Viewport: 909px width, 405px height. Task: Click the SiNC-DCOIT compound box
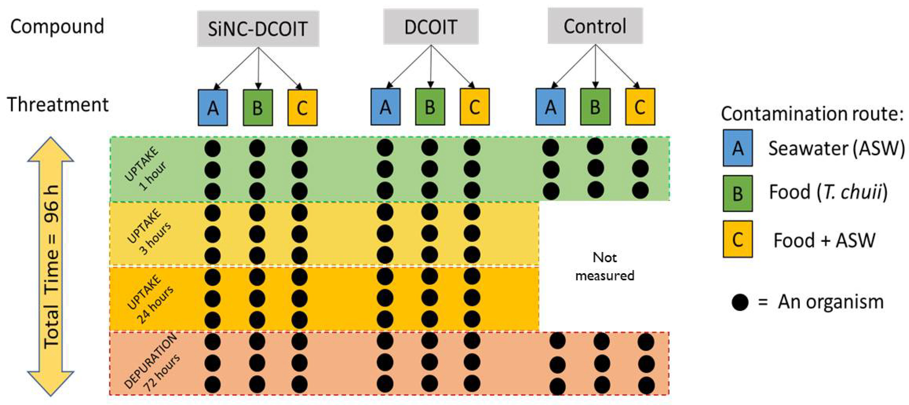pos(258,29)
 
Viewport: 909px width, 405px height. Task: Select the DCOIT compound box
pos(431,27)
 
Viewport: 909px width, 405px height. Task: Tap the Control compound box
pos(595,26)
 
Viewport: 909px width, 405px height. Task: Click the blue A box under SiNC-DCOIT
pos(213,107)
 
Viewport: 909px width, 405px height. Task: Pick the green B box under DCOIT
pos(430,107)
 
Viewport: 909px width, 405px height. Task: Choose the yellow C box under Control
pos(640,107)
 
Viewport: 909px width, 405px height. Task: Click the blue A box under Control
pos(550,107)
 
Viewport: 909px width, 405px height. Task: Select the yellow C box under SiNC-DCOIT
pos(302,107)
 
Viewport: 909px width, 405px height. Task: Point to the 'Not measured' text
pos(604,266)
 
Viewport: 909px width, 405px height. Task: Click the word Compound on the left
pos(57,27)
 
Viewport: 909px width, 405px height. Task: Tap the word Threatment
pos(58,104)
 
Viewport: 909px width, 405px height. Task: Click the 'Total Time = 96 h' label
pos(52,267)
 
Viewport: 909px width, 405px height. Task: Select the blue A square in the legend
pos(738,148)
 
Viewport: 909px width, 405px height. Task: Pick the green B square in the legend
pos(738,193)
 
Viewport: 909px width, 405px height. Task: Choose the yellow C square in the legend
pos(738,239)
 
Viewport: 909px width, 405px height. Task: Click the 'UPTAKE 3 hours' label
pos(148,232)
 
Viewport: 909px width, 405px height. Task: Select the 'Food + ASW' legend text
pos(824,240)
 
